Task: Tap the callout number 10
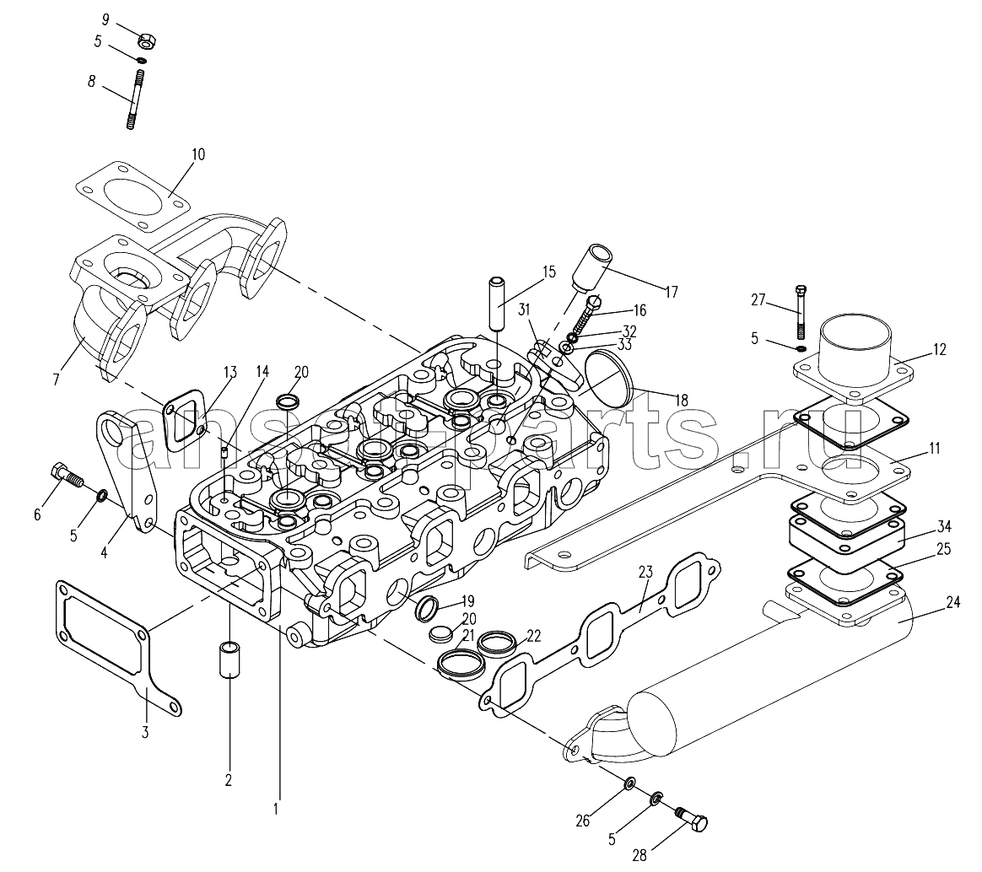198,155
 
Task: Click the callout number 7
57,379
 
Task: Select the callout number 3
144,732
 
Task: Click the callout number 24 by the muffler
952,603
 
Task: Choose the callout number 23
646,570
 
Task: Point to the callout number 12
939,349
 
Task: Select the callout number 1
275,809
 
